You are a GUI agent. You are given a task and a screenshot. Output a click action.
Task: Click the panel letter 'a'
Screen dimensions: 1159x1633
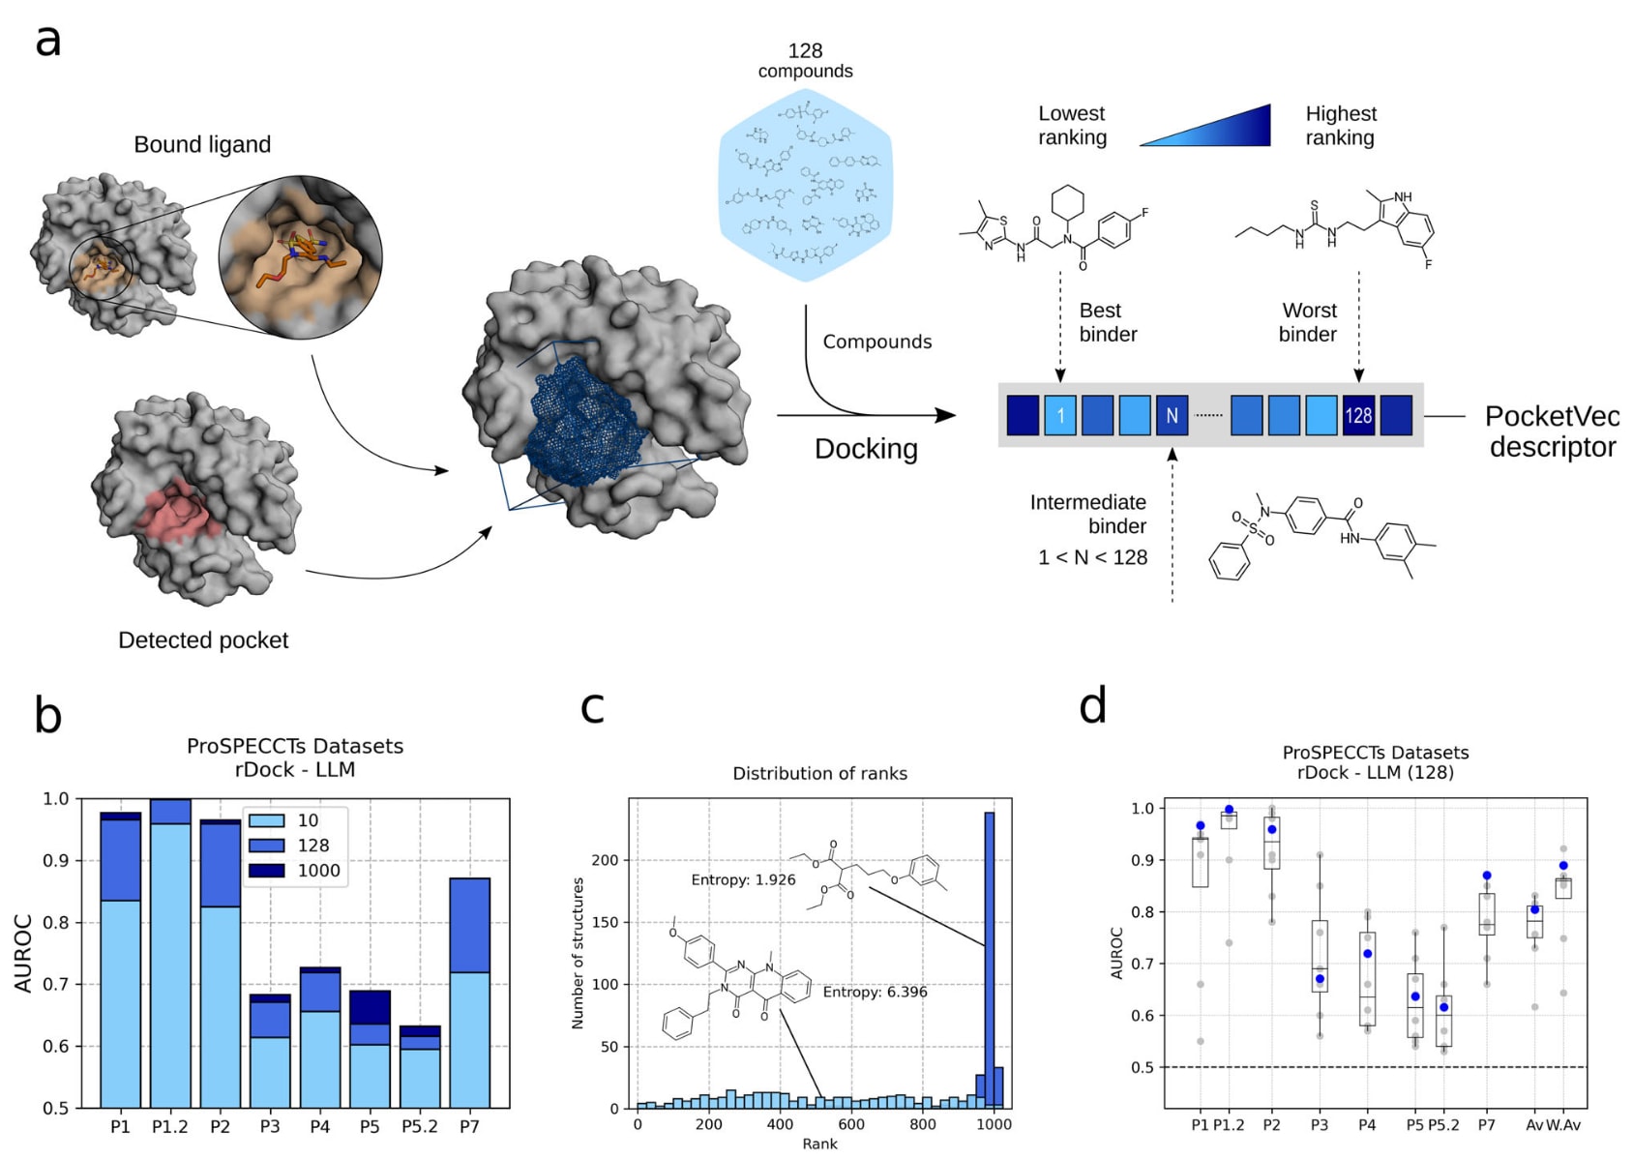[x=47, y=42]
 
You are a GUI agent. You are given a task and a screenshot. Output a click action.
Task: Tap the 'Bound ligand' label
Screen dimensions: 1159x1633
[x=202, y=144]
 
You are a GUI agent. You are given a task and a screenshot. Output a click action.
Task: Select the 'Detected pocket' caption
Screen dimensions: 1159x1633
[x=203, y=639]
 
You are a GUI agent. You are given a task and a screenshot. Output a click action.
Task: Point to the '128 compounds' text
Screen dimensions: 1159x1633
[x=805, y=60]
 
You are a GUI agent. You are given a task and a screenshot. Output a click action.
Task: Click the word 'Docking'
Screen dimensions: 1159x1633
[x=866, y=449]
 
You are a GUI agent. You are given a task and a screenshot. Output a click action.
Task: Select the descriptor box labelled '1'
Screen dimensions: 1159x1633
[x=1060, y=415]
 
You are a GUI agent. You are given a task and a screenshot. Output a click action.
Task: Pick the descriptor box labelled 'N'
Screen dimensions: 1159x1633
[x=1172, y=415]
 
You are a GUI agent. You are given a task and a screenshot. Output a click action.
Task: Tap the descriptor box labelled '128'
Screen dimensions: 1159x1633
[x=1358, y=415]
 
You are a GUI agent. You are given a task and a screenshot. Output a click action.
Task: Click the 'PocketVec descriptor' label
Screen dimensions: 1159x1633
[x=1552, y=431]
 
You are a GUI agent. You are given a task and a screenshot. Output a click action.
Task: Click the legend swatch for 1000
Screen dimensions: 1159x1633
[x=267, y=870]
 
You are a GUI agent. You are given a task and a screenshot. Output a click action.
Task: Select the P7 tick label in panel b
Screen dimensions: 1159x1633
[x=469, y=1126]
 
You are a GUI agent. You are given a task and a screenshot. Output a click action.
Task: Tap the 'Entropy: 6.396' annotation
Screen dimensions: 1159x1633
[x=875, y=992]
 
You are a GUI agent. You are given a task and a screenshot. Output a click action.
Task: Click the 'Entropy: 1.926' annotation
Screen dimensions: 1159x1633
[x=743, y=879]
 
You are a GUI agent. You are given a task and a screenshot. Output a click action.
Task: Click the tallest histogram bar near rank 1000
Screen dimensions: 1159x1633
[x=990, y=958]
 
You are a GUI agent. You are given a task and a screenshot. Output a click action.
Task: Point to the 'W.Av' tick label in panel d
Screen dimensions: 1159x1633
[x=1563, y=1124]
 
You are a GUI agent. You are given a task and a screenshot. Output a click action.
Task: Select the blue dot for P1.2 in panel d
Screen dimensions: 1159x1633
[x=1230, y=810]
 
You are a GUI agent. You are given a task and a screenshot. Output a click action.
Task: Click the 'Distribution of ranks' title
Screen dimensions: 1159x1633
[x=819, y=773]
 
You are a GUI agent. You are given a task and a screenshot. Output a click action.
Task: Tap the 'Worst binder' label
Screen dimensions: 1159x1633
[x=1309, y=322]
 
